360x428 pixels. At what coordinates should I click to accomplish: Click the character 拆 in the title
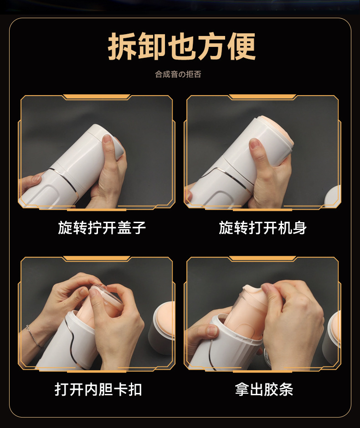coord(123,46)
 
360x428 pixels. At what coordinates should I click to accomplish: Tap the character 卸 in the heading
coord(152,46)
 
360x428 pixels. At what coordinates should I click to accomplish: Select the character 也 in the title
coord(182,46)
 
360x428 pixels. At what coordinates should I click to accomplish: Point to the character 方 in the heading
coord(211,46)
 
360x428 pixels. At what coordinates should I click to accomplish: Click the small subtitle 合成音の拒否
coord(178,74)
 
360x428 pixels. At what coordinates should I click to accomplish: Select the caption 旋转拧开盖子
coord(102,228)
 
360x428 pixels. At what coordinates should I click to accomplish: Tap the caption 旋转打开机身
coord(262,228)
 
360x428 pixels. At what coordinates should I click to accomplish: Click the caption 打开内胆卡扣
coord(98,389)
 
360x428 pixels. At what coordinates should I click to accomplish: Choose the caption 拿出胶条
coord(264,389)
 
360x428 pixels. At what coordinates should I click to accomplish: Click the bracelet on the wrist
coord(34,336)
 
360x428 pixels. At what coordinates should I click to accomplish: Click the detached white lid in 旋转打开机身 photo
coord(333,196)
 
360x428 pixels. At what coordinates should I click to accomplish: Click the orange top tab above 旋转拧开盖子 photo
coord(97,97)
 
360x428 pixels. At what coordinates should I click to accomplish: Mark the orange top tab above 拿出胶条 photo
coord(262,259)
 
